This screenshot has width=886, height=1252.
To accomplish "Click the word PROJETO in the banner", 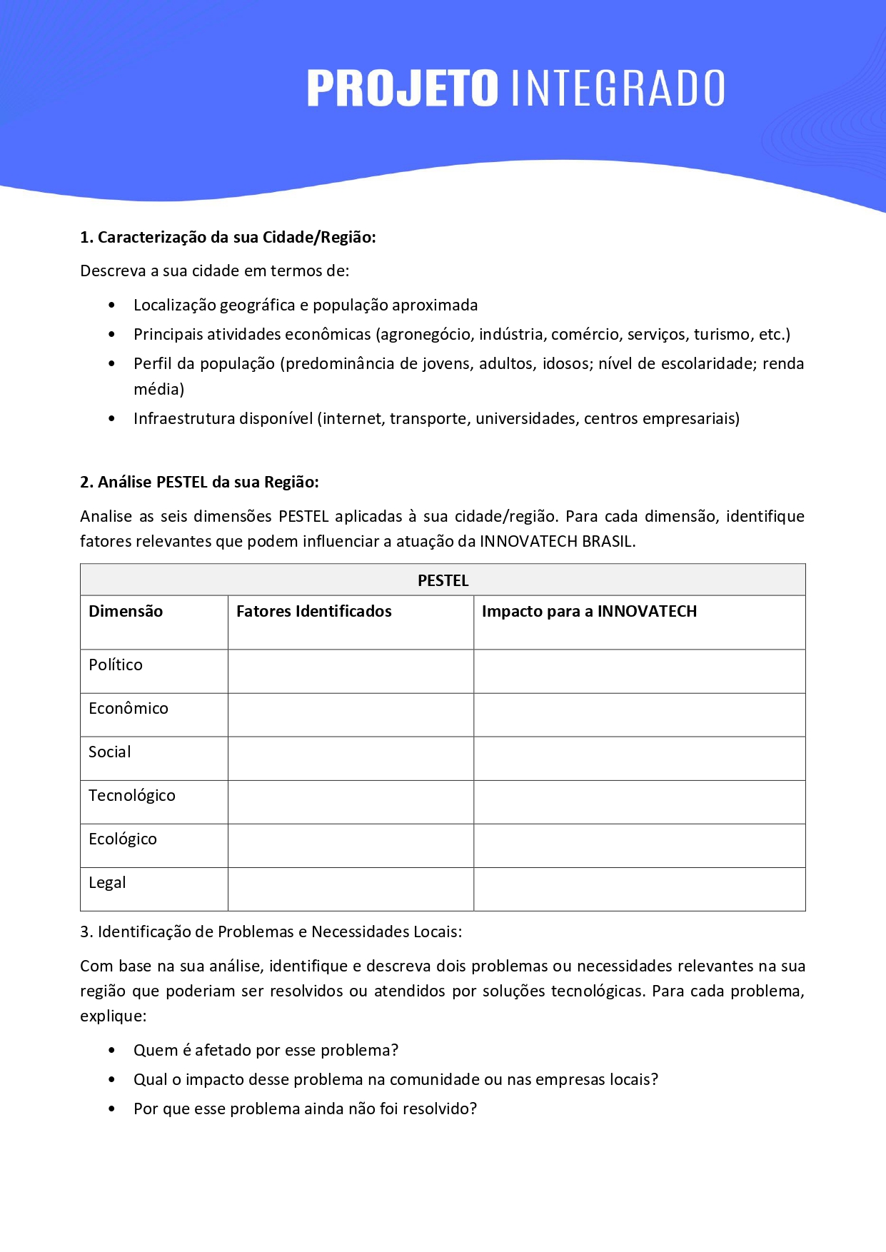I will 402,89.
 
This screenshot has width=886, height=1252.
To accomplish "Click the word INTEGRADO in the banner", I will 618,89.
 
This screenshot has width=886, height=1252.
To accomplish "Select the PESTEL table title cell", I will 443,580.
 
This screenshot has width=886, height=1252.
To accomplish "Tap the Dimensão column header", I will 126,611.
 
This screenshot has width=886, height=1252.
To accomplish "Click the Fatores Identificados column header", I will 313,611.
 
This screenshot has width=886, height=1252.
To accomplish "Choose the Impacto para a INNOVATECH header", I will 589,611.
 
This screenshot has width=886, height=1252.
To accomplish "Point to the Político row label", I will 116,665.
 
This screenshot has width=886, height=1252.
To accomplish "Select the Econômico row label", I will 129,708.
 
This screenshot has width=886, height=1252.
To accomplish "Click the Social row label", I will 110,752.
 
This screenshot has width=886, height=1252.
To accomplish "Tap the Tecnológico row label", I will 132,795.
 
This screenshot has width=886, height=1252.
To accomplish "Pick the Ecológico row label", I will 123,839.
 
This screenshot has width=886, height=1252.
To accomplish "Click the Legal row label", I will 107,882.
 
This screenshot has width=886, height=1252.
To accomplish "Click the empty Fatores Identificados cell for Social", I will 351,758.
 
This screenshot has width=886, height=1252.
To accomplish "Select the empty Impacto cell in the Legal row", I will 639,889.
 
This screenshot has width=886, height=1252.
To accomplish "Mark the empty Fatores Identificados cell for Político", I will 351,671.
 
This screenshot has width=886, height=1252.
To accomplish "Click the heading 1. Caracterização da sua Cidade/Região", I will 228,237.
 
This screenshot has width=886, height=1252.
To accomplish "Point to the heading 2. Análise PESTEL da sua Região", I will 199,482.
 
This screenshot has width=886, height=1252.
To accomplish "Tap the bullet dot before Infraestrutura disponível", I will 111,418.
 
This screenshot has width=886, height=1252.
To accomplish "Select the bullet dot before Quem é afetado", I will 111,1050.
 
